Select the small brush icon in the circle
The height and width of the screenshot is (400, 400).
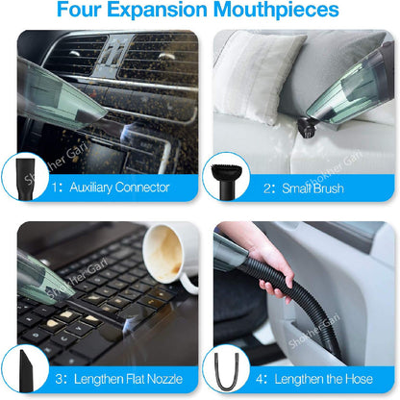pyautogui.click(x=226, y=181)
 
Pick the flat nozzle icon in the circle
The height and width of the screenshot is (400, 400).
pyautogui.click(x=26, y=371)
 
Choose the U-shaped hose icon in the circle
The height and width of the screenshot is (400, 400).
pyautogui.click(x=227, y=371)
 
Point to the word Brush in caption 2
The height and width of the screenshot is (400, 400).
pyautogui.click(x=328, y=188)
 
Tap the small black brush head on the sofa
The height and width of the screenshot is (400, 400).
pyautogui.click(x=307, y=128)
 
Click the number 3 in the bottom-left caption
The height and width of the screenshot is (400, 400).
pyautogui.click(x=59, y=379)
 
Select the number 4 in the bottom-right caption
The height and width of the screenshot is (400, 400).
pyautogui.click(x=260, y=379)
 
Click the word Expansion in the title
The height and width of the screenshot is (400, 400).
pyautogui.click(x=157, y=10)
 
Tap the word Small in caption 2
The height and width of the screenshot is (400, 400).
pyautogui.click(x=295, y=188)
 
